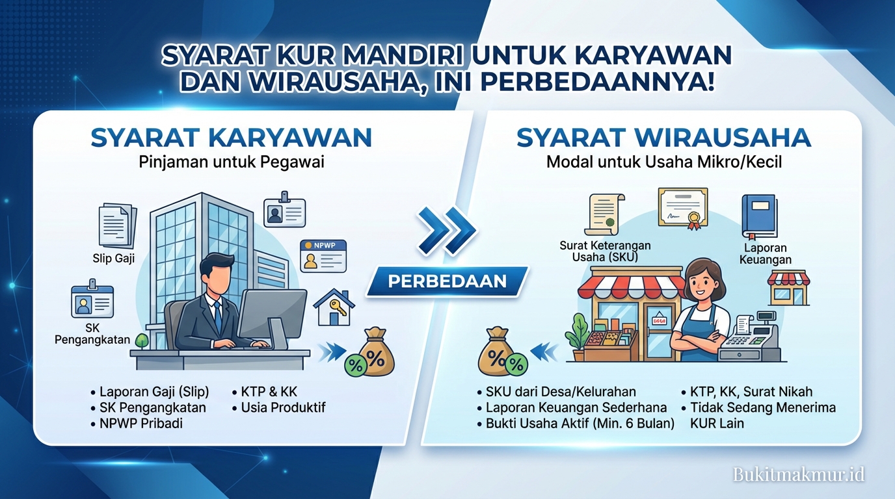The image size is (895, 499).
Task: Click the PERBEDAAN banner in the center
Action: point(447,281)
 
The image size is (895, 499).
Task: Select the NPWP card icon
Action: point(323,255)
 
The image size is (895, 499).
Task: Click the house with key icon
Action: point(334,307)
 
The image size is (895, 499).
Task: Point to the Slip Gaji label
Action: point(114,259)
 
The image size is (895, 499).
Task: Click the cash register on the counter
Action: point(749,338)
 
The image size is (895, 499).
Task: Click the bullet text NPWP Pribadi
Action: point(140,424)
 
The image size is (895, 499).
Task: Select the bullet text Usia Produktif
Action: point(283,408)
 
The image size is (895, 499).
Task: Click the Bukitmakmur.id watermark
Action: point(799,474)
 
